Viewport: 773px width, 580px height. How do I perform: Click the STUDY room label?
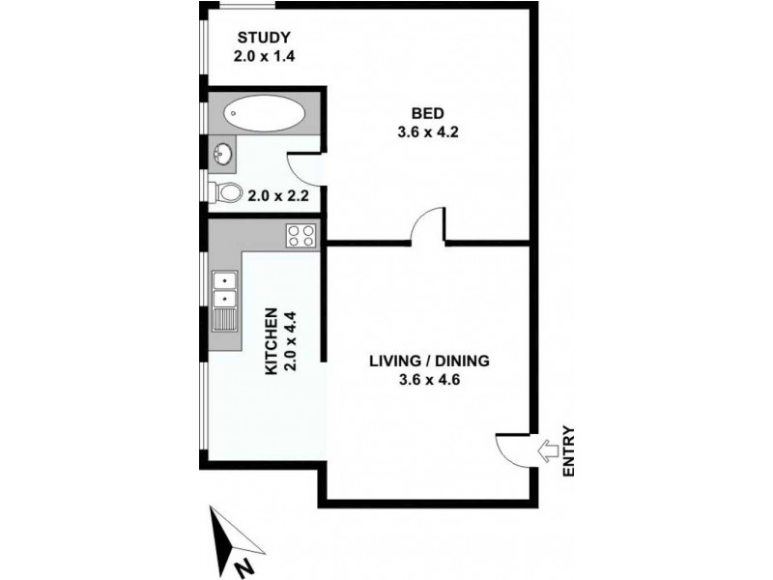(264, 38)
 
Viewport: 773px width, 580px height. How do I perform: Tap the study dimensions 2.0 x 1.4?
(264, 56)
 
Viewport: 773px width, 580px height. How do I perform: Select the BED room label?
(425, 113)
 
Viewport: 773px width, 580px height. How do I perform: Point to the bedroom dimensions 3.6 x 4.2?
(425, 132)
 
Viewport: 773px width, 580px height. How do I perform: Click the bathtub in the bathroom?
(263, 114)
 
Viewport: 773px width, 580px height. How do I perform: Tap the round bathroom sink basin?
(223, 153)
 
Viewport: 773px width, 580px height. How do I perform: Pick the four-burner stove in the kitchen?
(301, 234)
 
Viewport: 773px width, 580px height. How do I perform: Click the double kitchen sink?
(224, 288)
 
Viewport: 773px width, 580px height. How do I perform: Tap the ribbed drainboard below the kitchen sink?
(224, 318)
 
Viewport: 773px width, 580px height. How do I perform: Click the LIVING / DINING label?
(430, 361)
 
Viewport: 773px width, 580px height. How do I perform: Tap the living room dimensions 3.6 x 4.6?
(430, 379)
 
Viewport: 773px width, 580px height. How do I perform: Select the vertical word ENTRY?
(568, 450)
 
